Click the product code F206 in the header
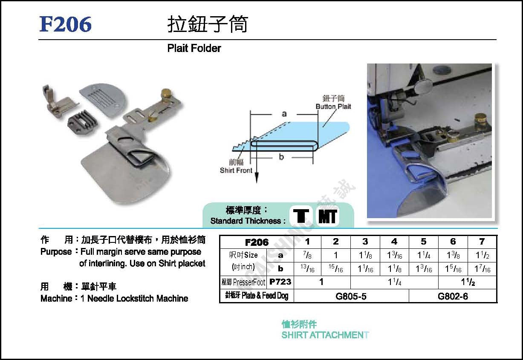pyautogui.click(x=66, y=24)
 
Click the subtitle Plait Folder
pyautogui.click(x=194, y=49)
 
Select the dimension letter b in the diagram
pyautogui.click(x=281, y=157)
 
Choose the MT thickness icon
pyautogui.click(x=327, y=216)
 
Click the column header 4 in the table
pyautogui.click(x=394, y=242)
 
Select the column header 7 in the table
pyautogui.click(x=482, y=242)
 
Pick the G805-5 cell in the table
pyautogui.click(x=351, y=296)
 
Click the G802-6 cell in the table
pyautogui.click(x=453, y=296)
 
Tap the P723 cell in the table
pyautogui.click(x=280, y=282)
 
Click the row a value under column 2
pyautogui.click(x=336, y=256)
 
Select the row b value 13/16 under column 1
pyautogui.click(x=307, y=269)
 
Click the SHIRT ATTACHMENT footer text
pyautogui.click(x=325, y=335)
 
